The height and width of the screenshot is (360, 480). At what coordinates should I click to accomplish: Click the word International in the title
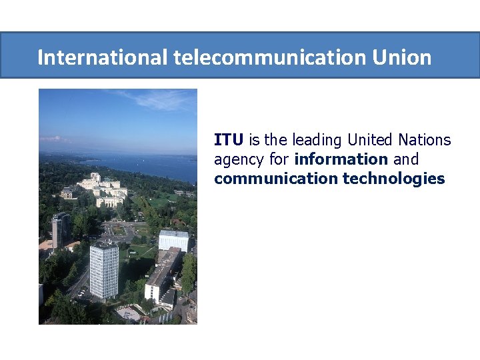point(101,57)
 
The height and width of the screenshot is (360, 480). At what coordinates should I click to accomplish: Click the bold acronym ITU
point(229,140)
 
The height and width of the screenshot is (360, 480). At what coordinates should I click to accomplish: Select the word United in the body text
point(370,140)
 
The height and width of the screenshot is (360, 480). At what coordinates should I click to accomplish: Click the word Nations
point(425,140)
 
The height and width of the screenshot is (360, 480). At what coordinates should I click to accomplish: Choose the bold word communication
point(276,179)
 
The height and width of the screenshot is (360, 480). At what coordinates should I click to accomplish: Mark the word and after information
point(406,159)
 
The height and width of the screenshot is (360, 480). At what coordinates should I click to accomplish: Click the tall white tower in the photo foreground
point(104,270)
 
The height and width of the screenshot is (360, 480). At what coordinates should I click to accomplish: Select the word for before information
point(279,159)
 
